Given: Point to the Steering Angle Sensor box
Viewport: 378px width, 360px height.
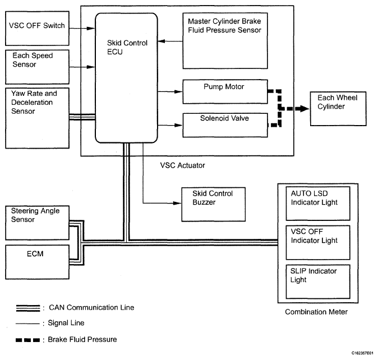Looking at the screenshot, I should [37, 220].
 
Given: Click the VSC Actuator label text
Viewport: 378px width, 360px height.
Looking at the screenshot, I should [183, 165].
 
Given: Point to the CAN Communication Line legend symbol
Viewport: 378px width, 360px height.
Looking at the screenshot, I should [27, 308].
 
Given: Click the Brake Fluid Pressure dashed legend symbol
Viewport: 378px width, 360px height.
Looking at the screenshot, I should [27, 340].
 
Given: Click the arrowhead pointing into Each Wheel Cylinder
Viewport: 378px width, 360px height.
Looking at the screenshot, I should [307, 108].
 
